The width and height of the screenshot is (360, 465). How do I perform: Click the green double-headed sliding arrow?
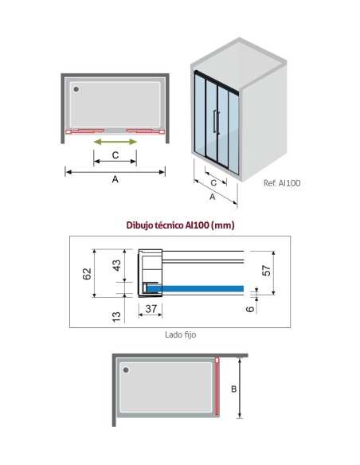coord(115,142)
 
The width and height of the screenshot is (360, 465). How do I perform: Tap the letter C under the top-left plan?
coord(115,154)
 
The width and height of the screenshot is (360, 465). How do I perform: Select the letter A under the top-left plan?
coord(115,179)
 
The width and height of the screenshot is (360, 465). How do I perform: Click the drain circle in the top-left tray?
coord(76,89)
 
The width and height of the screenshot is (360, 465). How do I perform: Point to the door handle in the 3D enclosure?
coord(216,122)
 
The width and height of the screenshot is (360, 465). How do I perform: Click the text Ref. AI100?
coord(282,183)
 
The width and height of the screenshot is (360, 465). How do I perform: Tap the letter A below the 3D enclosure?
coord(213,197)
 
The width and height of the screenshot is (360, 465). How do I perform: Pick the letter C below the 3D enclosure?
coord(213,183)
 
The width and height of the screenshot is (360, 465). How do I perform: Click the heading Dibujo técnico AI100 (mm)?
coord(180,225)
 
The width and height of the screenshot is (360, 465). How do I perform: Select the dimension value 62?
coord(87,274)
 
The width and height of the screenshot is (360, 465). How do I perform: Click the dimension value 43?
coord(117,265)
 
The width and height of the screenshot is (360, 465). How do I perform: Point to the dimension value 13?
coord(116,317)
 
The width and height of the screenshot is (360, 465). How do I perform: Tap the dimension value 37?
coord(151,309)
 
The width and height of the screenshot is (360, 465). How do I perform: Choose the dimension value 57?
coord(267,271)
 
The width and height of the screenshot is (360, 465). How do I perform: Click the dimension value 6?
coord(250,309)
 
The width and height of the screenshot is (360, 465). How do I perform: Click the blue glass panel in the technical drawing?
coord(195,288)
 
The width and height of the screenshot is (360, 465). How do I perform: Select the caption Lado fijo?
coord(180,334)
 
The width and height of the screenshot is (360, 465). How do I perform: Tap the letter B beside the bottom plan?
coord(233,389)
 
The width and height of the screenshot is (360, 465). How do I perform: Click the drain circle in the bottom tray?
coord(126,369)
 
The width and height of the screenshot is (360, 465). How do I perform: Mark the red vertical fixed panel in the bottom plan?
coord(217,386)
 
